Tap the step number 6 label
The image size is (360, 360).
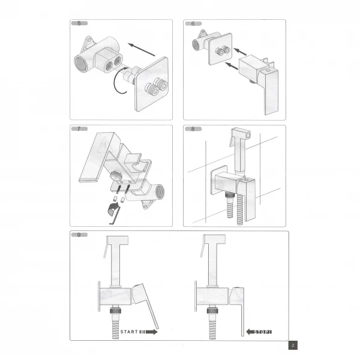[193, 23]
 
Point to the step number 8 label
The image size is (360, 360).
[193, 130]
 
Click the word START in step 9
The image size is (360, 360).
[130, 331]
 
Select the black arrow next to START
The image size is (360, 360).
[151, 331]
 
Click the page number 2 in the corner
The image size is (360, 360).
[292, 345]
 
